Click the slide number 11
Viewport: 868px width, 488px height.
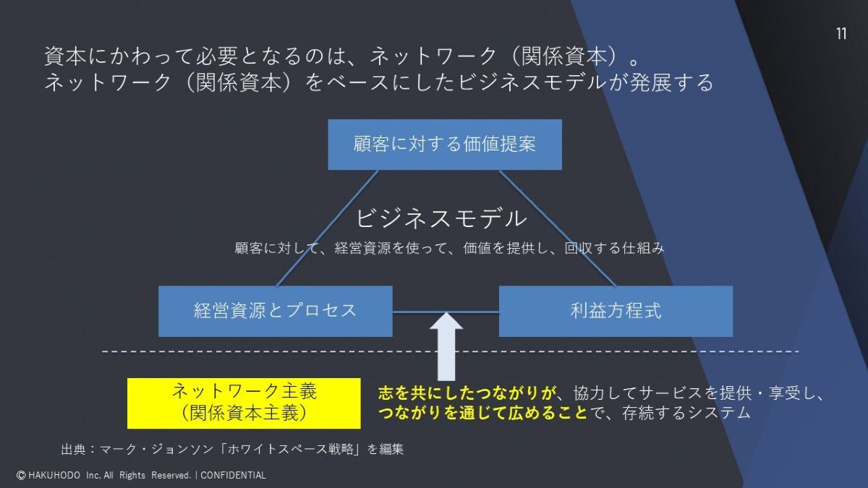[x=841, y=35]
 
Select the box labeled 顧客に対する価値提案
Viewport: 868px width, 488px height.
[x=445, y=145]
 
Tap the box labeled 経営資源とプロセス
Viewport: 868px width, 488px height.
[x=276, y=311]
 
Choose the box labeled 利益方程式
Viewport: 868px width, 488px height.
[x=616, y=311]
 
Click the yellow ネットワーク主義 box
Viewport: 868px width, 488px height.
[x=244, y=403]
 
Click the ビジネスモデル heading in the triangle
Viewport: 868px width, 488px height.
[x=442, y=218]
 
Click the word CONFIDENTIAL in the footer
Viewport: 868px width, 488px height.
[x=233, y=475]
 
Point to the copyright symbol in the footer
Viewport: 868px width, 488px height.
[x=21, y=475]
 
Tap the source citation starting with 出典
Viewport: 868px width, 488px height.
[x=232, y=449]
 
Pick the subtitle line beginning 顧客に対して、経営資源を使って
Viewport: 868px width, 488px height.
[x=449, y=248]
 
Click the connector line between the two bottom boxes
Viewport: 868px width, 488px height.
[x=412, y=312]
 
